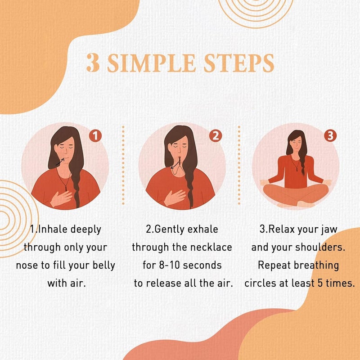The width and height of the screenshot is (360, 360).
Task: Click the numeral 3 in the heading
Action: coord(93,63)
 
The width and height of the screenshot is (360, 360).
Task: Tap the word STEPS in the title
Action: coord(238,63)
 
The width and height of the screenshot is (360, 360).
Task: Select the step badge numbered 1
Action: coord(95,135)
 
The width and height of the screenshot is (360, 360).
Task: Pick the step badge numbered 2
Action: coord(216,135)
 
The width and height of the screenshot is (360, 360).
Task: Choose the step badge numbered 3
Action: coord(331,135)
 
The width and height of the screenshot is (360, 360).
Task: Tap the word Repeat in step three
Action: coord(274,265)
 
